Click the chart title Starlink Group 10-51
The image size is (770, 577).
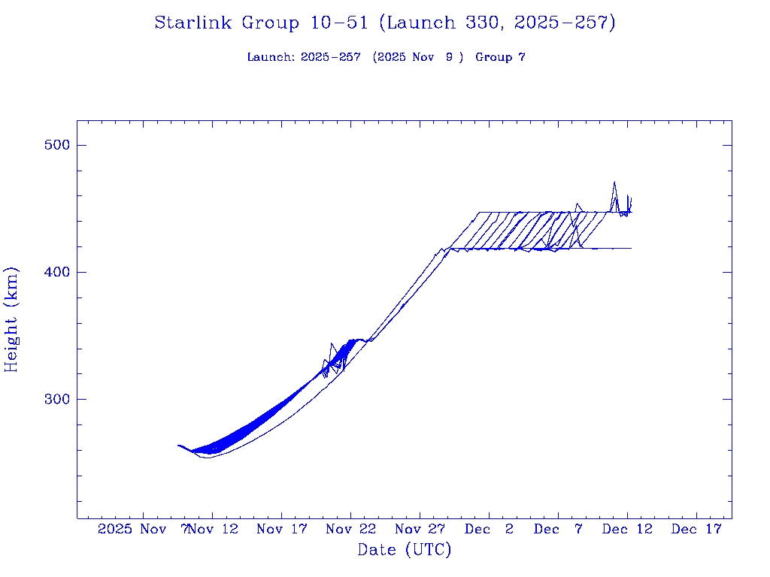[385, 23]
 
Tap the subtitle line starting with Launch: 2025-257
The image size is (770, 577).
[385, 57]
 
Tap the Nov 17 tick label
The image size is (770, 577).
[282, 529]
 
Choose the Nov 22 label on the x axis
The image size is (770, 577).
[350, 529]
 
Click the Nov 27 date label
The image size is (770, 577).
[420, 529]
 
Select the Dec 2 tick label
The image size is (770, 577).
[489, 529]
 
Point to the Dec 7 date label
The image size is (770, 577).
[558, 529]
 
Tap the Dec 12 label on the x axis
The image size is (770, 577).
[627, 529]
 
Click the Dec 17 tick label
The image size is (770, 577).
[696, 529]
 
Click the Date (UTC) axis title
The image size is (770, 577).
[404, 550]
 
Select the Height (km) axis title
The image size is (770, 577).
[11, 319]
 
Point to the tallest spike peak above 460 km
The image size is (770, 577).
[614, 182]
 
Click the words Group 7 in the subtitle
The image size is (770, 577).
[500, 57]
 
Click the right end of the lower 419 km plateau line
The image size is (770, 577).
[630, 248]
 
